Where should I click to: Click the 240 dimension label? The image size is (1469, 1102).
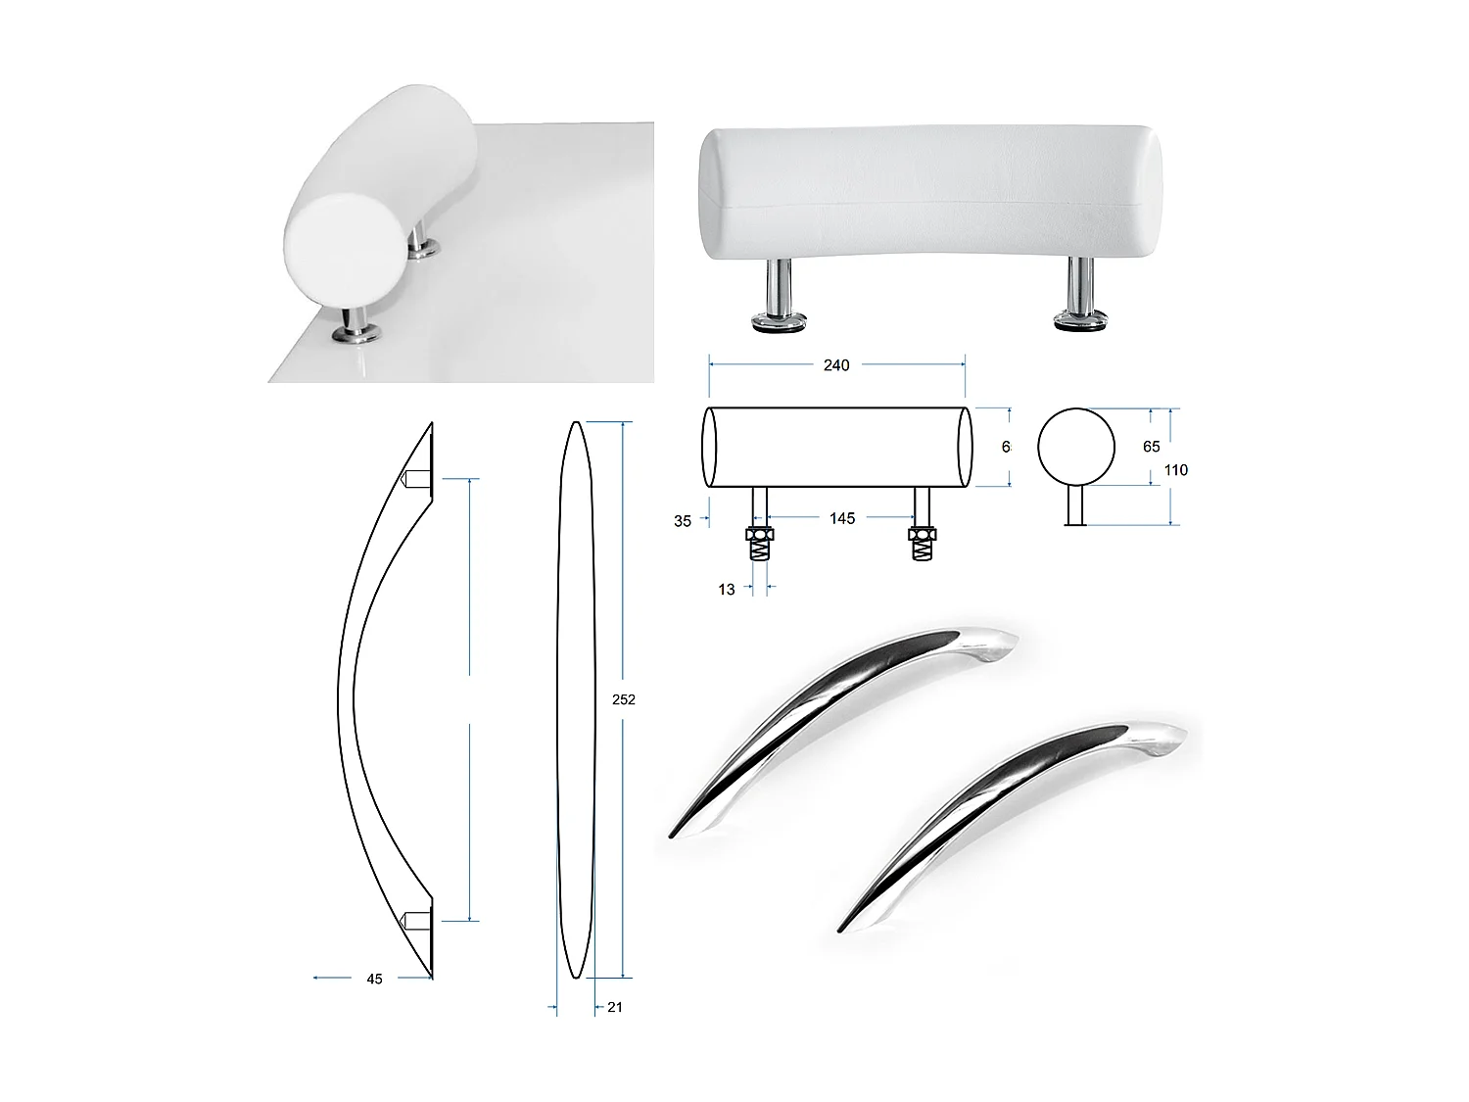(836, 365)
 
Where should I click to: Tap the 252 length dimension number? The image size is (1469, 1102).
(624, 699)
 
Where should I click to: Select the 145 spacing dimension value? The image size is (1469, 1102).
(842, 518)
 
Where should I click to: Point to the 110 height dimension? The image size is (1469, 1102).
(1176, 470)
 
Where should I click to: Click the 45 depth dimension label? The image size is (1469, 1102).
(374, 979)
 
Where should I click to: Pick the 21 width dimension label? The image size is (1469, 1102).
(615, 1007)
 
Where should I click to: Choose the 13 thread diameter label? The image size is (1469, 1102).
(726, 590)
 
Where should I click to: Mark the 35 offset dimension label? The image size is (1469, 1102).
(683, 521)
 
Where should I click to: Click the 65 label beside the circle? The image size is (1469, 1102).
(1152, 447)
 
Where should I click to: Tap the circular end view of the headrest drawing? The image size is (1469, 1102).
(1076, 448)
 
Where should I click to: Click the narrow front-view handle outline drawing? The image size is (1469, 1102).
(575, 699)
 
